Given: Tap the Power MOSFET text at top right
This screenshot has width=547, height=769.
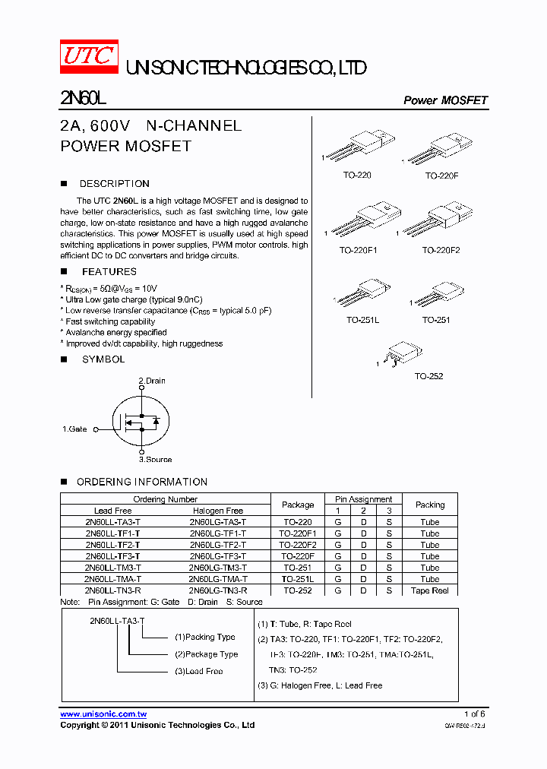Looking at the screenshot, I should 444,100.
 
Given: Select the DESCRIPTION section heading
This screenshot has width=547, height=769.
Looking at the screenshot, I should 114,184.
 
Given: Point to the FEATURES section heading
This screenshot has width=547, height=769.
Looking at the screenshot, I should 109,271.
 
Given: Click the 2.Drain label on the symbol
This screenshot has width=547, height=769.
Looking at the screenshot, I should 151,381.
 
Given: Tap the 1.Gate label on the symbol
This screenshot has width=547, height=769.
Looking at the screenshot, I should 74,429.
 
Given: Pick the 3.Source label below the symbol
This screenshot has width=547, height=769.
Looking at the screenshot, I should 155,459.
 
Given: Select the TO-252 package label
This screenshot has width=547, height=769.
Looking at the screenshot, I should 428,376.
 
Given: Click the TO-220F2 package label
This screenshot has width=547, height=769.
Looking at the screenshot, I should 441,250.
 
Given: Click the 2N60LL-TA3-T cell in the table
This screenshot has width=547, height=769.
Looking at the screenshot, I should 112,522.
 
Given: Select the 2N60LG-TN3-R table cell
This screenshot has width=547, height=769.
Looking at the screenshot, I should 218,590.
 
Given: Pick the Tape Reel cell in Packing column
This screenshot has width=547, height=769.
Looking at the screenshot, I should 429,590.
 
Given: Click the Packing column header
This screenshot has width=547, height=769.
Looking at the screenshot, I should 430,505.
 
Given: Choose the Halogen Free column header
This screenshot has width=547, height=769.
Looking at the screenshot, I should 218,511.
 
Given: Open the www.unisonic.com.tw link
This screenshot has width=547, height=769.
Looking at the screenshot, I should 103,714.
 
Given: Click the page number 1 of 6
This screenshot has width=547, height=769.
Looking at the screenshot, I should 474,714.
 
